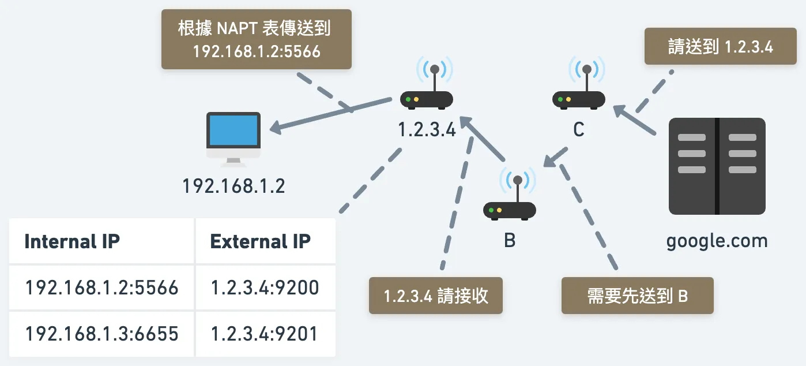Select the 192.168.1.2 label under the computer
click(233, 186)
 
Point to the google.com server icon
click(717, 166)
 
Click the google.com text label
click(717, 241)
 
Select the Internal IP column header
click(72, 241)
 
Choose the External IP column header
click(261, 241)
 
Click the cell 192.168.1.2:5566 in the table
click(101, 287)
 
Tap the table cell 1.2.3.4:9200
click(265, 287)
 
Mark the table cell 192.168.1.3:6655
click(101, 334)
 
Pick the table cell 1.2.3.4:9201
click(265, 334)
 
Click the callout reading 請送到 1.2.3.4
click(720, 47)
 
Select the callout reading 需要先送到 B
click(637, 296)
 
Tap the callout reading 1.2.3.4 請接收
click(436, 296)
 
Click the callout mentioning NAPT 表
click(256, 39)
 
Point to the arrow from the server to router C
click(634, 121)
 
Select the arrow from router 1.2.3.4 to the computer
click(332, 115)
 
